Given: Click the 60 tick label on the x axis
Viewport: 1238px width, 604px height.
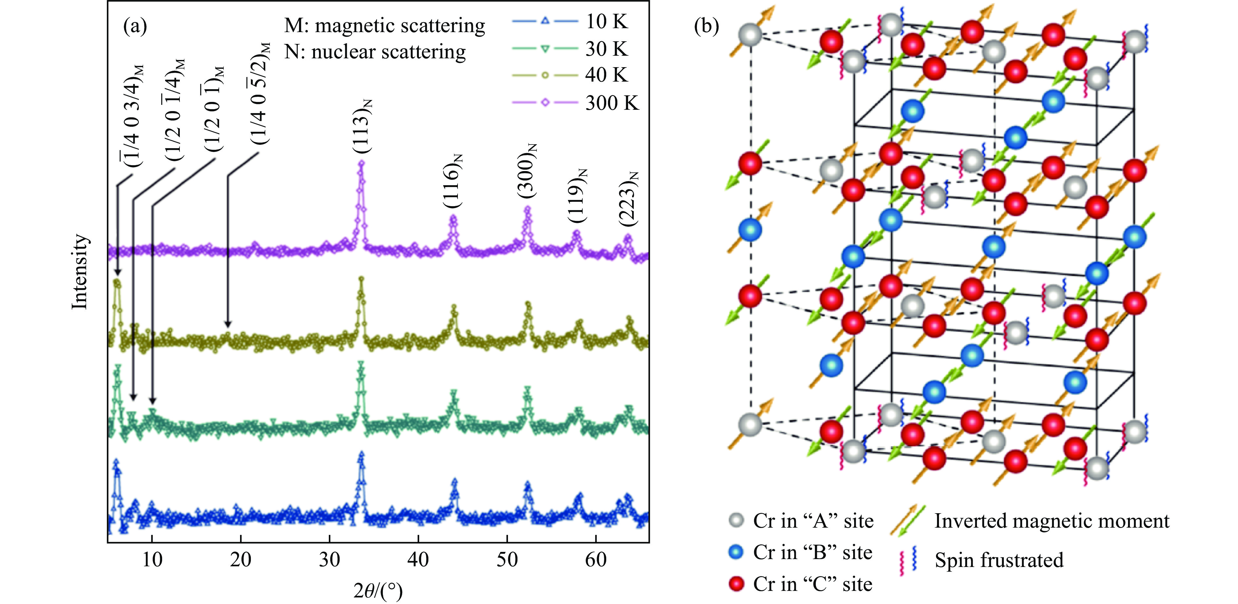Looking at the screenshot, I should [x=596, y=560].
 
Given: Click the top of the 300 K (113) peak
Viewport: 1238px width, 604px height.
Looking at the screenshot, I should [x=361, y=163].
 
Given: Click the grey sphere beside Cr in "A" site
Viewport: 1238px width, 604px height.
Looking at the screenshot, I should [x=736, y=520].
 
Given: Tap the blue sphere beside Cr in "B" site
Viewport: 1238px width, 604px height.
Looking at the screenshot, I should [x=736, y=552].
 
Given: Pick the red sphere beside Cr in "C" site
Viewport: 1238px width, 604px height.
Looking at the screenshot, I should [x=736, y=584].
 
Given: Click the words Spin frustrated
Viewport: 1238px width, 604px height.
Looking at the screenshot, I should [x=999, y=560].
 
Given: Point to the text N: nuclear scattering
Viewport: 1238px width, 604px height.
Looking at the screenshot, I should [x=375, y=52].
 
